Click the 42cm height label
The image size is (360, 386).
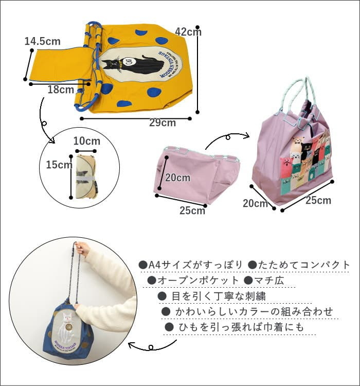point(188,32)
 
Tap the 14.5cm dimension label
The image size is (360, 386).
point(42,42)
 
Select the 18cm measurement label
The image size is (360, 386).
point(61,90)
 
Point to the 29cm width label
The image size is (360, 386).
point(162,122)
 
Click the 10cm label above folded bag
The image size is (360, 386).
point(86,141)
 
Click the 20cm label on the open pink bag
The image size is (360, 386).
point(177,178)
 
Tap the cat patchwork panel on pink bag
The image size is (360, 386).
point(308,160)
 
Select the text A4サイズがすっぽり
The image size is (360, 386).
point(191,265)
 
